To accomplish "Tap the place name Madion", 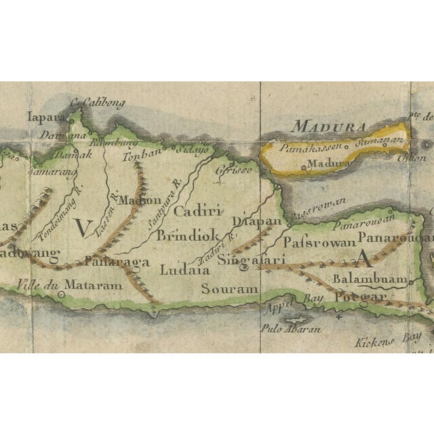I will (x=140, y=200).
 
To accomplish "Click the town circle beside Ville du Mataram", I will (x=62, y=295).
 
